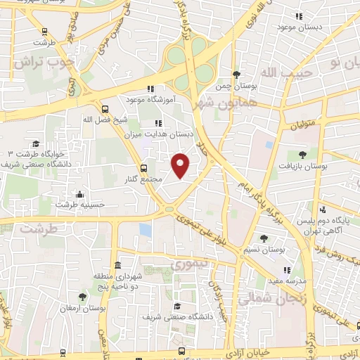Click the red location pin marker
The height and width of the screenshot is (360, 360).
click(181, 164)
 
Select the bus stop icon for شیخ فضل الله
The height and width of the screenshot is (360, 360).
click(105, 109)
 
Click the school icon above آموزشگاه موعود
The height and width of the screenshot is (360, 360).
click(150, 89)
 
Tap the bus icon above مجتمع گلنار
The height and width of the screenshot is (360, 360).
click(143, 168)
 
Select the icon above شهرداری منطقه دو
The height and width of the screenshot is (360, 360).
click(117, 266)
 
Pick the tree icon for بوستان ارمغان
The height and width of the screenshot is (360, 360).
click(83, 297)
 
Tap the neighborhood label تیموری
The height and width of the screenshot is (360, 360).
click(186, 265)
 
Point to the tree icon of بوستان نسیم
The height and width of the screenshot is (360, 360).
click(264, 239)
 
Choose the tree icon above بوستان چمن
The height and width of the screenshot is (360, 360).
click(237, 75)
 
